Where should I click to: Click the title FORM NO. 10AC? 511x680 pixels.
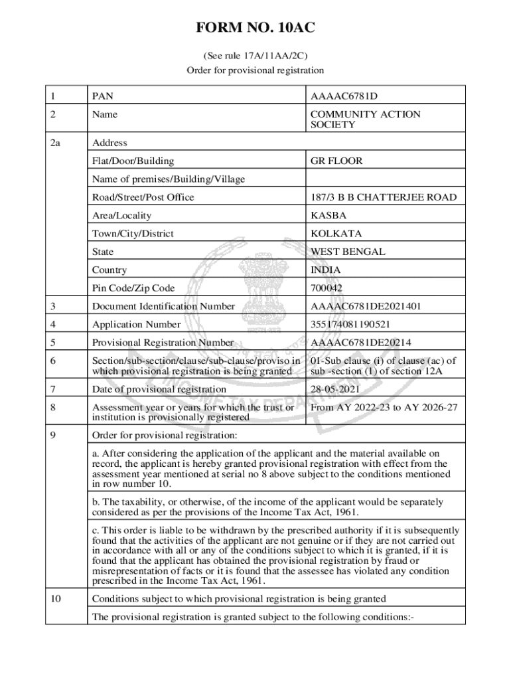255,28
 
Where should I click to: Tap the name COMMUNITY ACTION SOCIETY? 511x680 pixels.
365,120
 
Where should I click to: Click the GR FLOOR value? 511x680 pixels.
336,161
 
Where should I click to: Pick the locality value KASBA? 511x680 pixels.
328,215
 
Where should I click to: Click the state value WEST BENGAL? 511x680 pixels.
348,252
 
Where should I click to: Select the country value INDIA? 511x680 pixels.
325,270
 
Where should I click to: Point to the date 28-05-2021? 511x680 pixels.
335,389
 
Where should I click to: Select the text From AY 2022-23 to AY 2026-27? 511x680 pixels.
384,407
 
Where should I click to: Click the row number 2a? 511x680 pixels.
54,143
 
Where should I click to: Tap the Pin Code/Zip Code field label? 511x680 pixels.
133,288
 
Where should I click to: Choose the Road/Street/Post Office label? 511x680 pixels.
143,197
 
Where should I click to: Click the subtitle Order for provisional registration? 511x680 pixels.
255,70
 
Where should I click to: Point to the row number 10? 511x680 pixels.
56,599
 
